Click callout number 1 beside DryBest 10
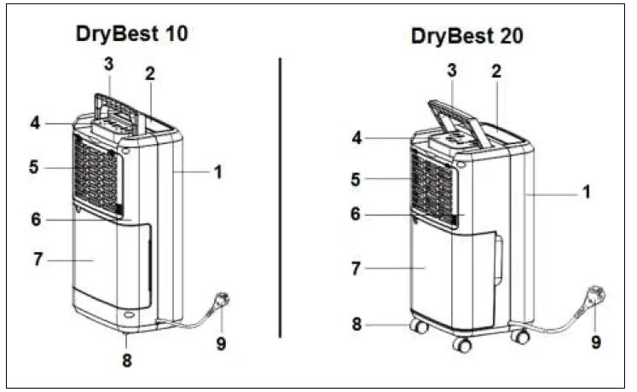click(x=217, y=171)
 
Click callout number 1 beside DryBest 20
click(x=586, y=193)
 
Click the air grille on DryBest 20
click(x=435, y=189)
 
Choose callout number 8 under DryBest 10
click(x=126, y=361)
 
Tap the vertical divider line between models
click(x=281, y=196)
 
